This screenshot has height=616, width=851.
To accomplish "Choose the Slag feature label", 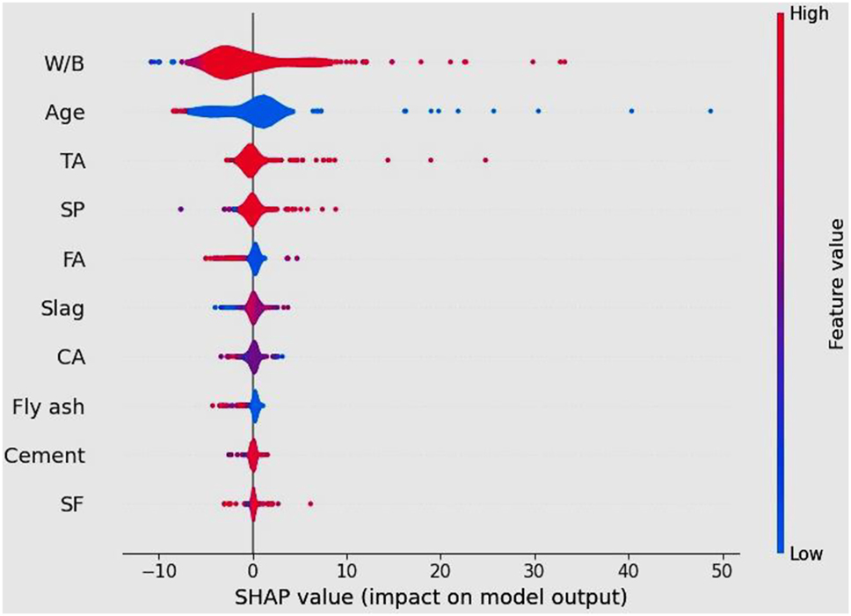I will [63, 309].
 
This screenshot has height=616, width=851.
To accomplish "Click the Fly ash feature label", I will [49, 407].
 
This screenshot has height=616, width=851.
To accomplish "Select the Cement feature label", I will [45, 456].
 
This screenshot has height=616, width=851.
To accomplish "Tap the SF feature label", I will [75, 504].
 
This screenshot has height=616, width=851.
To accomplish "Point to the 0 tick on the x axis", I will [253, 569].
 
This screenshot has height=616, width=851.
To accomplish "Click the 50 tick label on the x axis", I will [723, 569].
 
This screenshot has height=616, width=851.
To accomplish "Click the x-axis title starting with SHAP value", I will [430, 598].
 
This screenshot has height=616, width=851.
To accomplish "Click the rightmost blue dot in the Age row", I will [710, 111].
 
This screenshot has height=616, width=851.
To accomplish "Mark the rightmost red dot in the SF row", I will [310, 504].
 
